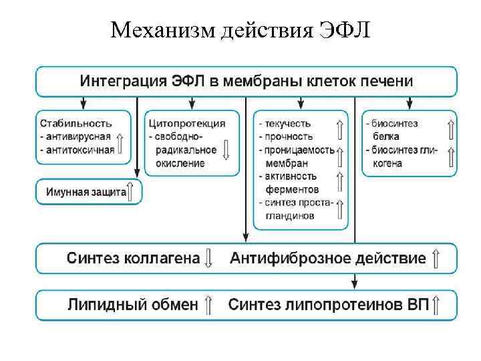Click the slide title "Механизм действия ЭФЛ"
240,29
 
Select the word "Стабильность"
75,124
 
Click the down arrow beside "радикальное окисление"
225,148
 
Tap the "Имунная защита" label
86,192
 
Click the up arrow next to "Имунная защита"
132,191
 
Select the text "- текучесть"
283,124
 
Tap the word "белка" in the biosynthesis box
387,136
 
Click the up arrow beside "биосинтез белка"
450,129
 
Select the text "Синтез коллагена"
133,258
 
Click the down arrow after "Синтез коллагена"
208,258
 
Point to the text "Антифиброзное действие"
327,258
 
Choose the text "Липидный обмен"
132,305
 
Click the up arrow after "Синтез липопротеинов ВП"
436,305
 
